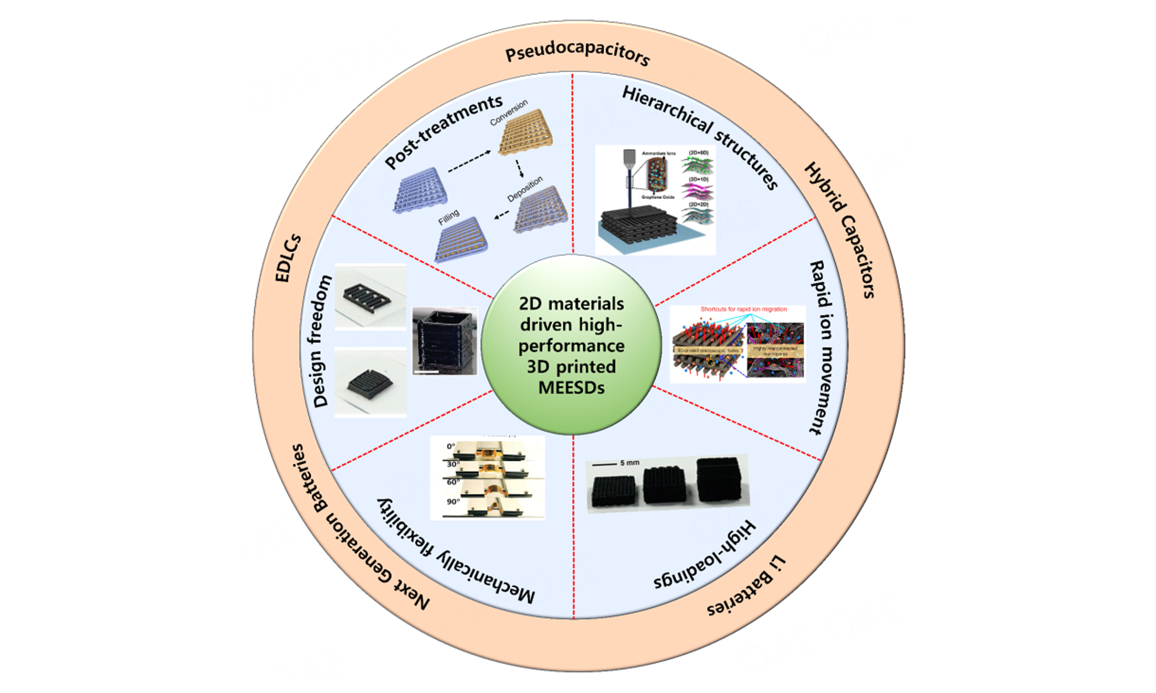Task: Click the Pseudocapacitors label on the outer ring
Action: (x=578, y=55)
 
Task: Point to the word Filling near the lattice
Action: (x=448, y=217)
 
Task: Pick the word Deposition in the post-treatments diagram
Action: (x=525, y=189)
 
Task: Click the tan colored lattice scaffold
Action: (x=526, y=134)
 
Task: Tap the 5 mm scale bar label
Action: (x=629, y=463)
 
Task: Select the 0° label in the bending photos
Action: (x=451, y=446)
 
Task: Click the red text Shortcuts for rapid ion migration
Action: (x=743, y=309)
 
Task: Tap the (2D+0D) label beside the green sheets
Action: (x=698, y=152)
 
